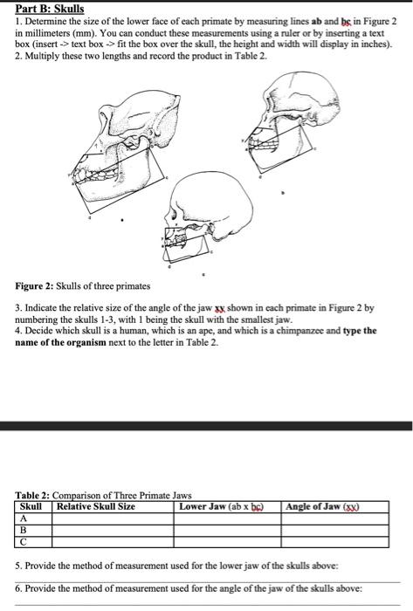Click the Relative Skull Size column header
pyautogui.click(x=95, y=506)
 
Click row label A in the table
pyautogui.click(x=24, y=518)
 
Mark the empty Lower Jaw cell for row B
pyautogui.click(x=227, y=529)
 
